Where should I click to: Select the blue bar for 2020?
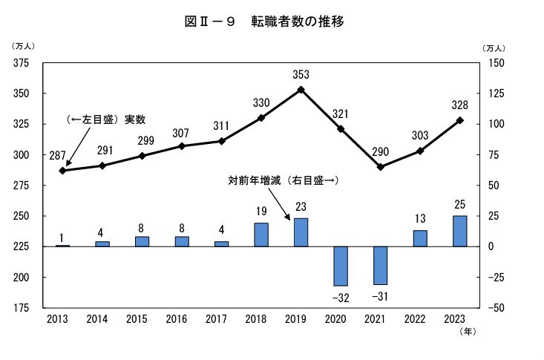point(341,266)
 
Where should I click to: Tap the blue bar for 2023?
point(460,231)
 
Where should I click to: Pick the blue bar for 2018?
point(261,235)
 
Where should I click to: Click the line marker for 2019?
point(301,90)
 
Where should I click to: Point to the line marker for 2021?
point(380,167)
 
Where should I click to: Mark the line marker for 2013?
point(62,171)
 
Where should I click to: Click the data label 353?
point(301,74)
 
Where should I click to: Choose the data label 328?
point(459,105)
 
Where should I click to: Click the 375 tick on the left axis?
point(22,63)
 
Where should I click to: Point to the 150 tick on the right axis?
point(496,63)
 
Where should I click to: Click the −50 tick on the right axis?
point(495,308)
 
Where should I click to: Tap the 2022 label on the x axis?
point(420,319)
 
